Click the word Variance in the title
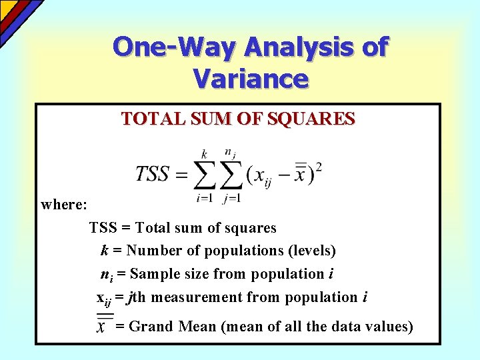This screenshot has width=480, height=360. [251, 79]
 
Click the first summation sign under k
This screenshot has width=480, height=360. [205, 175]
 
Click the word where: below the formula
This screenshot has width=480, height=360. [64, 205]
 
